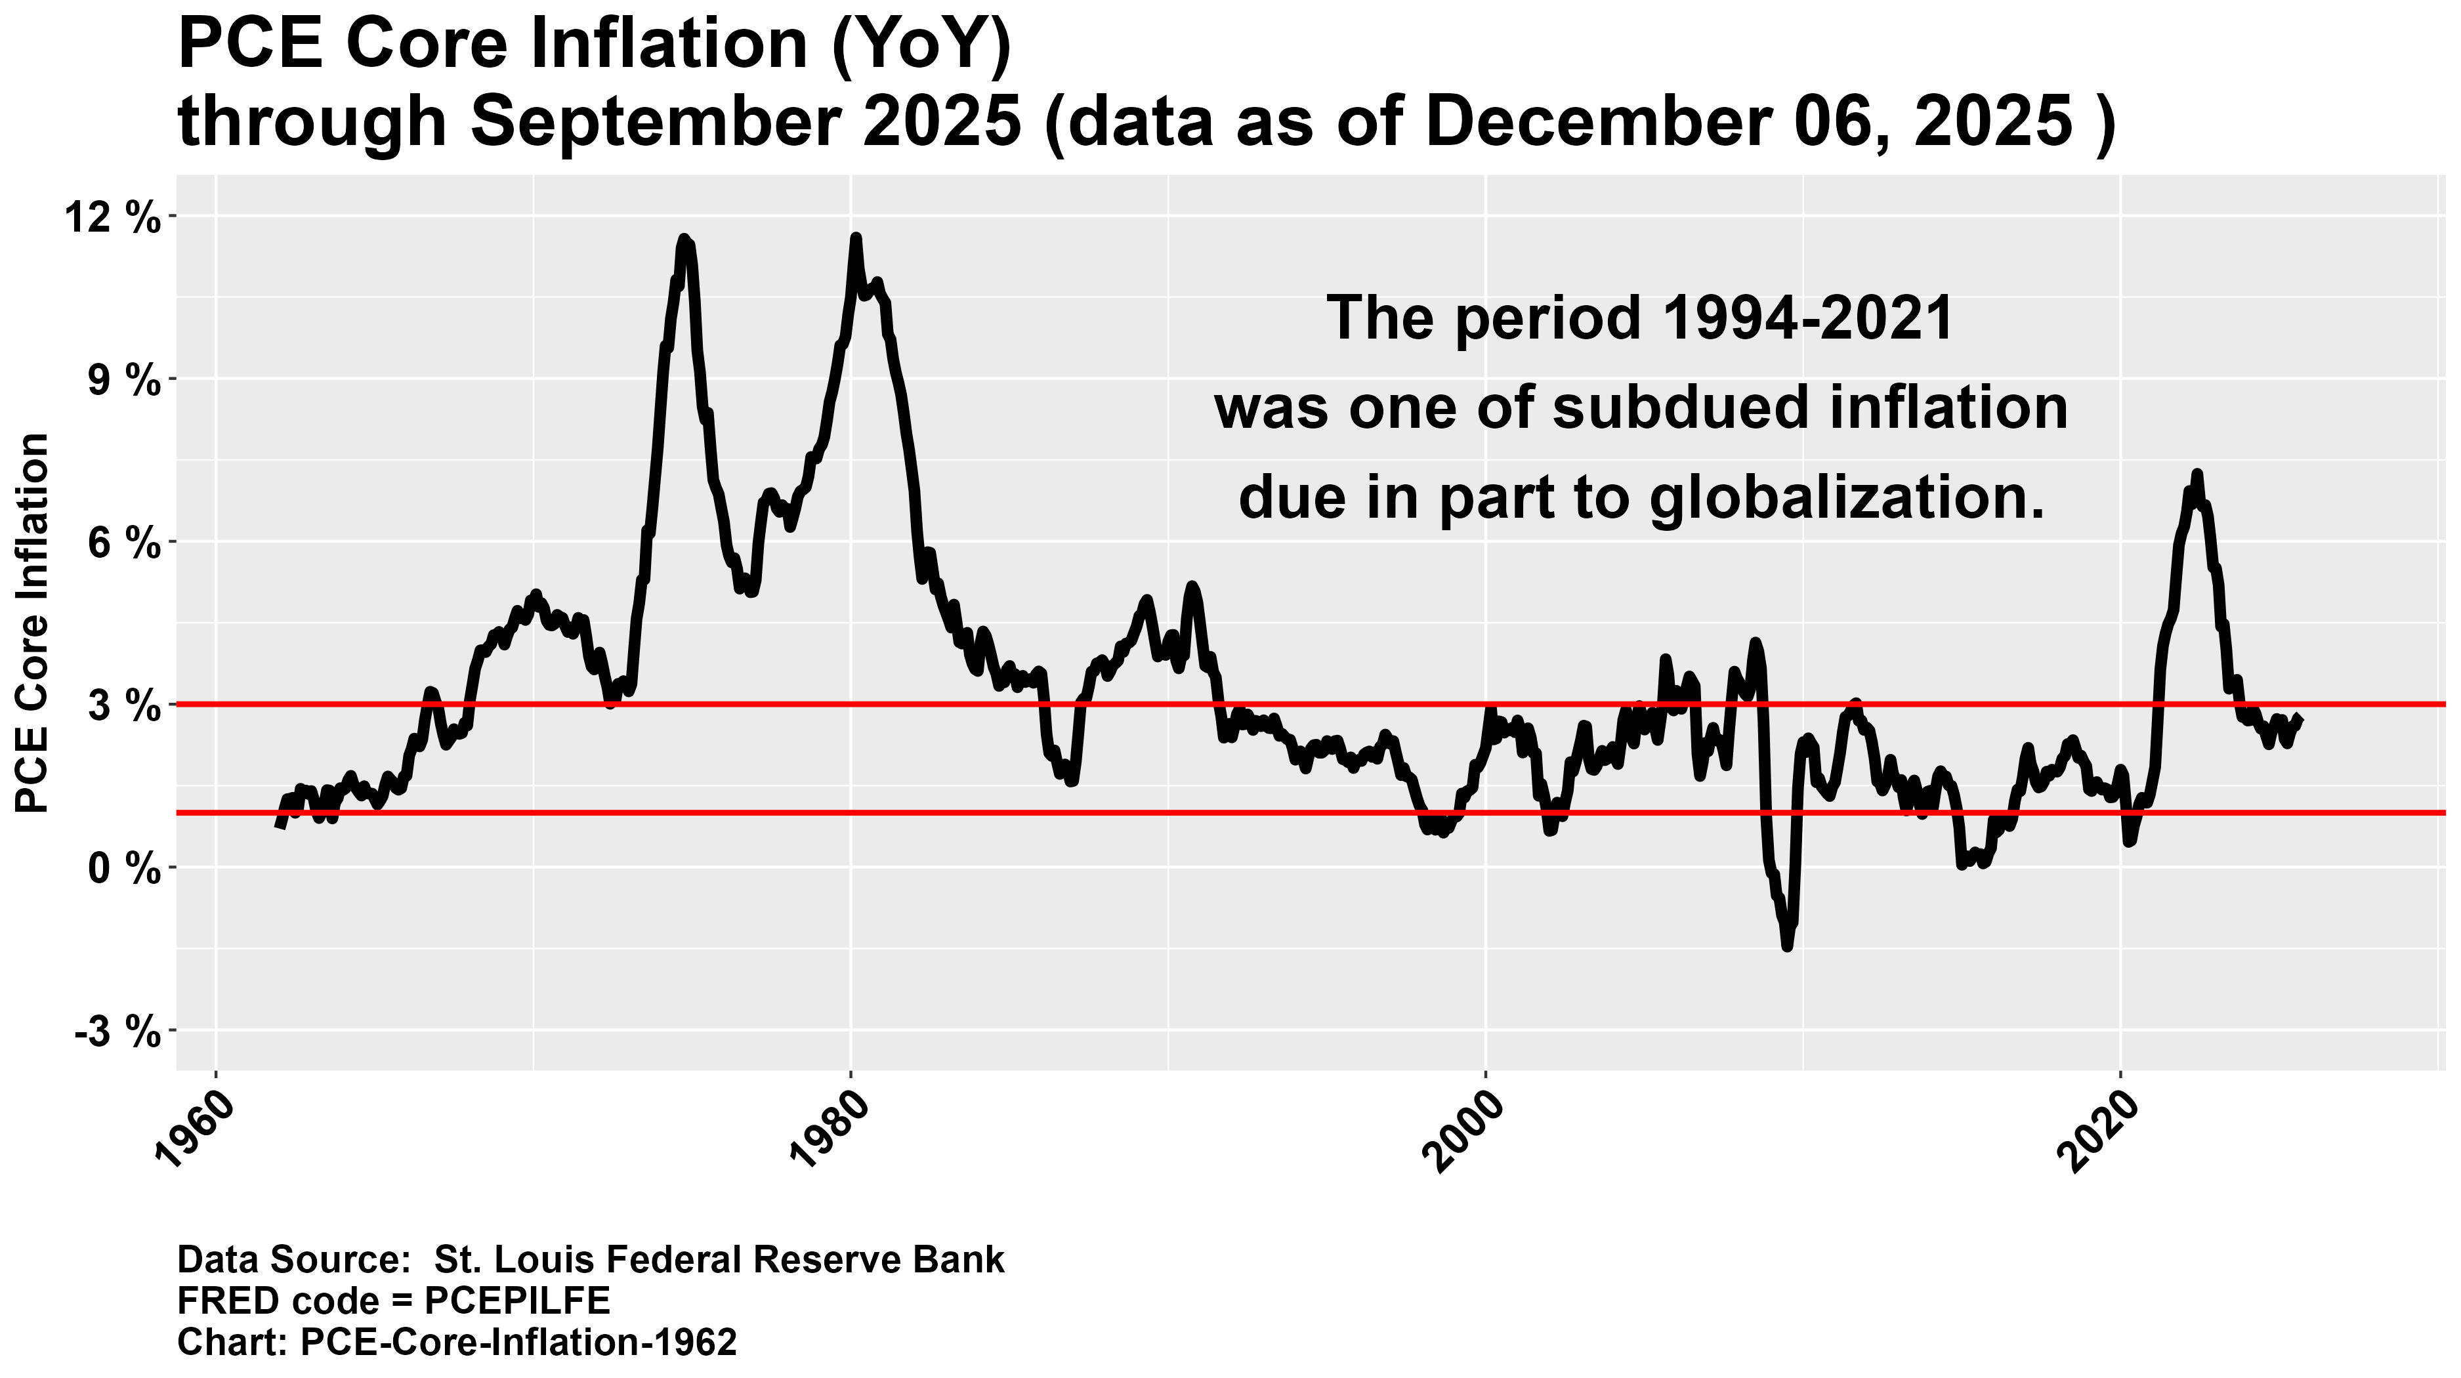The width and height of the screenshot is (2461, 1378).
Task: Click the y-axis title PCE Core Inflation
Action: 33,623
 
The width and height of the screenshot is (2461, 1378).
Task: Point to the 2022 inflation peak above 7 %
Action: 2197,474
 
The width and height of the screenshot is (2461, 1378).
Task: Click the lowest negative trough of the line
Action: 1786,946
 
